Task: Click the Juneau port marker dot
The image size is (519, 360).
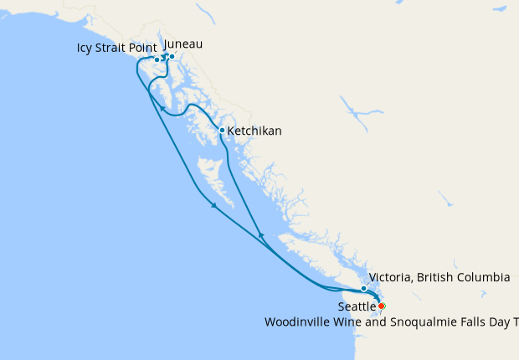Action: (x=172, y=57)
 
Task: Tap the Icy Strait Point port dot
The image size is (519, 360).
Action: (x=157, y=59)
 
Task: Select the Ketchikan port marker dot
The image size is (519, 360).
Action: (x=221, y=130)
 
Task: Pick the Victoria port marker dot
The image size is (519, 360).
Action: (x=363, y=289)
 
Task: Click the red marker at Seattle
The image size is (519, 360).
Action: (x=382, y=306)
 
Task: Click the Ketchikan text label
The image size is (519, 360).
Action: (x=254, y=131)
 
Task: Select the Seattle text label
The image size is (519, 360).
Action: (x=356, y=307)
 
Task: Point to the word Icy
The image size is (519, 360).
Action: (x=86, y=48)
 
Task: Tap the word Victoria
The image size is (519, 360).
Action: (x=392, y=277)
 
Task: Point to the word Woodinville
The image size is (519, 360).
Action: (x=298, y=321)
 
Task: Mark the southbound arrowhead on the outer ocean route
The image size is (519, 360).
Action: (x=215, y=205)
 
